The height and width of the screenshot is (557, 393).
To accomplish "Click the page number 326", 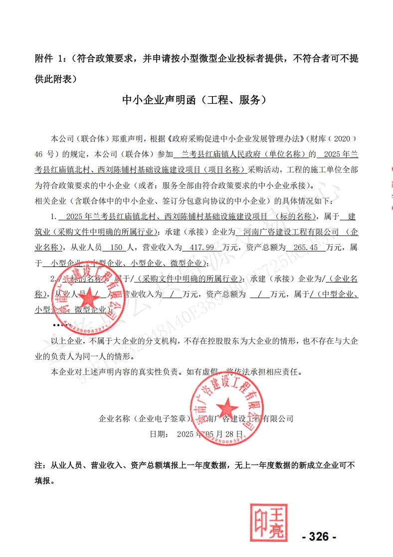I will (319, 537).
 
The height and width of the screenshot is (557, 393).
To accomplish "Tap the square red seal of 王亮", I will (269, 522).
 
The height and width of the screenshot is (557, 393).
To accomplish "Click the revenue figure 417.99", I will (196, 247).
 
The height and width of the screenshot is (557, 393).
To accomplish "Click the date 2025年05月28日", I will (210, 434).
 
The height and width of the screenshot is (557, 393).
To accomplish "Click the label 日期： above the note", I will (159, 434).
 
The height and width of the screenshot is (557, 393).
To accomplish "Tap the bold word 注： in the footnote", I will (41, 465).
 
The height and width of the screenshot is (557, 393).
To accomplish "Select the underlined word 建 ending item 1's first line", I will (352, 216).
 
